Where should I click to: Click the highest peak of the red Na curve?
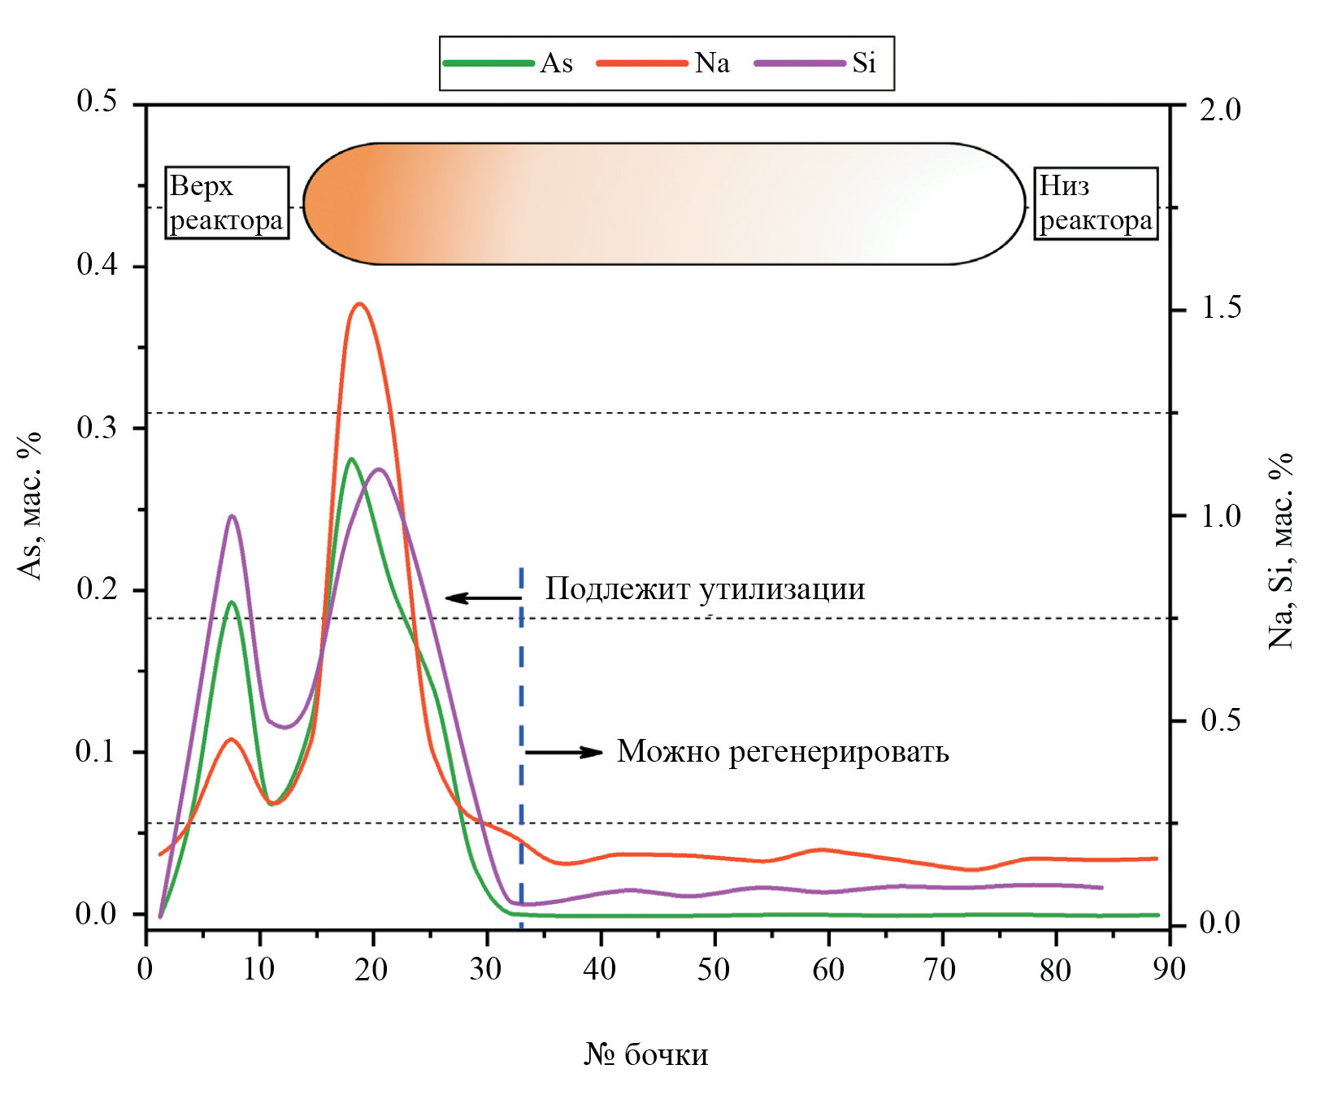(x=359, y=304)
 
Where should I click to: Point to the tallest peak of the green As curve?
(x=350, y=459)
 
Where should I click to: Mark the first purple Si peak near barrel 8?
(x=232, y=515)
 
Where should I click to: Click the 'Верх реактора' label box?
(x=227, y=203)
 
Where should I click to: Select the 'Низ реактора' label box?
(x=1095, y=203)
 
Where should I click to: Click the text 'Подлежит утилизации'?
(x=705, y=589)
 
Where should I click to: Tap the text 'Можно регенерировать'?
(x=783, y=752)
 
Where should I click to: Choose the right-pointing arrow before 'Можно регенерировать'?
(x=564, y=752)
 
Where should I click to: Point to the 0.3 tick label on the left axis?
(x=97, y=428)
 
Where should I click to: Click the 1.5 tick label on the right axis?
(x=1220, y=308)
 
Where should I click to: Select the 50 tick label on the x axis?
(x=714, y=970)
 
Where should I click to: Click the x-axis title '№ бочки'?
(x=646, y=1054)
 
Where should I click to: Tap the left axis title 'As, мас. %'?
(x=30, y=506)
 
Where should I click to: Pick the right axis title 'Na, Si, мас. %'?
(x=1282, y=551)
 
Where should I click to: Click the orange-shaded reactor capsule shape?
(x=664, y=203)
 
